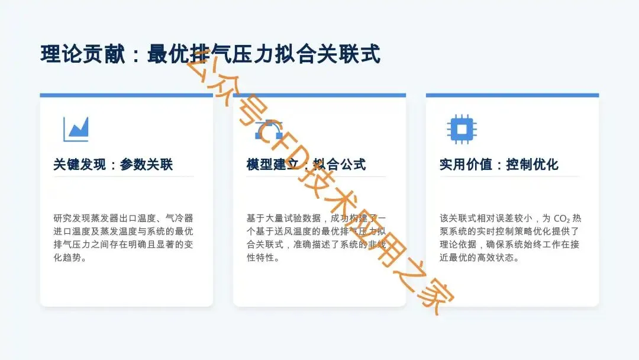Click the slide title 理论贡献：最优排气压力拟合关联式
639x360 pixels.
(x=210, y=54)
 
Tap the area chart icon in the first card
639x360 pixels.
(x=76, y=129)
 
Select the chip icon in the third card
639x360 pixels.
(x=462, y=128)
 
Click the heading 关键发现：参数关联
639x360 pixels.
(x=113, y=165)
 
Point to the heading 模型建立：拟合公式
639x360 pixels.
(x=306, y=165)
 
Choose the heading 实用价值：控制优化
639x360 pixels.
(x=499, y=165)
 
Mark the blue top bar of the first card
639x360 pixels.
(x=126, y=95)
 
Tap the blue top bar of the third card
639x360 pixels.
(x=512, y=95)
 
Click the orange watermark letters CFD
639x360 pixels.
(x=284, y=148)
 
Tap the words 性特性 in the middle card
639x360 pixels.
(x=263, y=258)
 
